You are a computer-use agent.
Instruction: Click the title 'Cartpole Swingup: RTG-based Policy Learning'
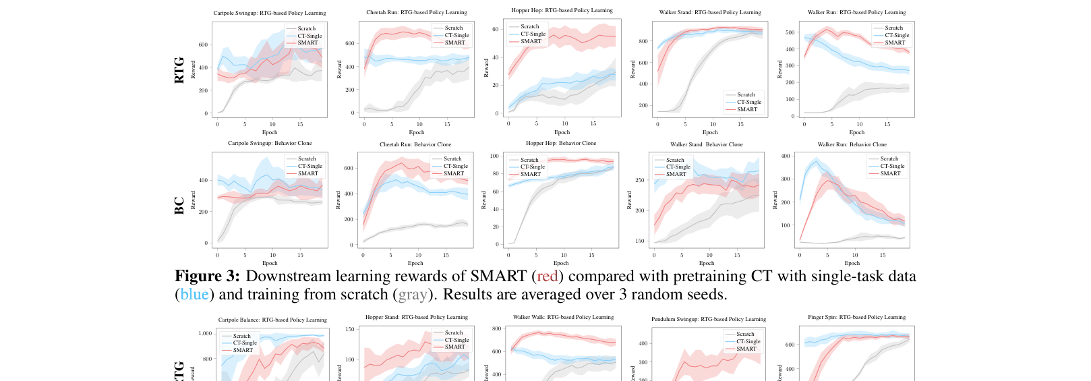tap(270, 13)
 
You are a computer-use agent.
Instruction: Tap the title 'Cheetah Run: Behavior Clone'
tap(415, 144)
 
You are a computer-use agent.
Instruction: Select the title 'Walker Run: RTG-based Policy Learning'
tap(856, 12)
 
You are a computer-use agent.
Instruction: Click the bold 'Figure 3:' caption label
tap(207, 276)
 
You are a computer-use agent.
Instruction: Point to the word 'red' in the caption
tap(547, 276)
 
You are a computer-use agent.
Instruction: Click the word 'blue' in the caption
tap(194, 294)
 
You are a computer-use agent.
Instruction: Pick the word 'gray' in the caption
tap(413, 294)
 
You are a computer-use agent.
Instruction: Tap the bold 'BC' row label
tap(179, 206)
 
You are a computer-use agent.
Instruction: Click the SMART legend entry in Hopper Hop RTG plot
tap(531, 41)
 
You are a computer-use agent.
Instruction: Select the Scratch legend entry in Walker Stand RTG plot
tap(746, 94)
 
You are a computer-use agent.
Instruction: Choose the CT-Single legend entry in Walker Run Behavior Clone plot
tap(892, 166)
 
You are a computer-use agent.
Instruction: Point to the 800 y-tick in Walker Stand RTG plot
tap(643, 41)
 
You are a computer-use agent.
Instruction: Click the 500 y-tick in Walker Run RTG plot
tap(790, 32)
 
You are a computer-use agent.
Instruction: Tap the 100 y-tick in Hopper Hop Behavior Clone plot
tap(494, 156)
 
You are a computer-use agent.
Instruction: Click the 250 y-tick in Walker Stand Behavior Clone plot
tap(639, 180)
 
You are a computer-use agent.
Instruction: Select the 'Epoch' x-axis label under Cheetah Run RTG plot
tap(416, 132)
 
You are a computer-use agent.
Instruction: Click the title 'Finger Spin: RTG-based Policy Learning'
tap(856, 317)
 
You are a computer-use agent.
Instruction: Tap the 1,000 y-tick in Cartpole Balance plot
tap(205, 333)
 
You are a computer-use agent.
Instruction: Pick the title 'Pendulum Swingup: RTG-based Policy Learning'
tap(708, 319)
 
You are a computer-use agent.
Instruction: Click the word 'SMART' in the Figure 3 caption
tap(498, 276)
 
